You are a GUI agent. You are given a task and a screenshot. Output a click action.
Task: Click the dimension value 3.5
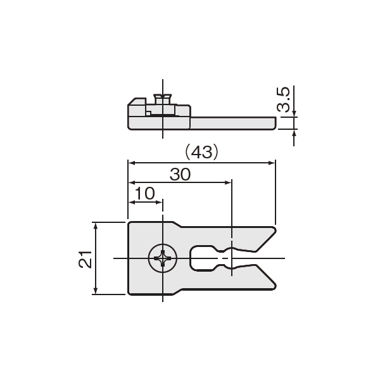[x=283, y=99]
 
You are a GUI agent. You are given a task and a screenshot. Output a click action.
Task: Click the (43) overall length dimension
[x=201, y=153]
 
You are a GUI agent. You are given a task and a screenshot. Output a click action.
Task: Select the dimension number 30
[x=180, y=175]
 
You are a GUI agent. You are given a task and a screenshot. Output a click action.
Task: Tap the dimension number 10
[x=144, y=193]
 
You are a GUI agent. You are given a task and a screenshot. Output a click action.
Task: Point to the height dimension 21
[x=85, y=259]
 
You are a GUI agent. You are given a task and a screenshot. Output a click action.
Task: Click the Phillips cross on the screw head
[x=163, y=258]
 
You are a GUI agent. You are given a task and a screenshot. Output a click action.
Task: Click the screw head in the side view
[x=163, y=99]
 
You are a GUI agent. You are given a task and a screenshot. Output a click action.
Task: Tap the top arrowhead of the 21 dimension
[x=96, y=226]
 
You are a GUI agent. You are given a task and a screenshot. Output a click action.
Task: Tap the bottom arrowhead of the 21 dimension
[x=96, y=291]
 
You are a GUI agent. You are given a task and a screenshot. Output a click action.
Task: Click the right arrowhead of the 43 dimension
[x=272, y=163]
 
